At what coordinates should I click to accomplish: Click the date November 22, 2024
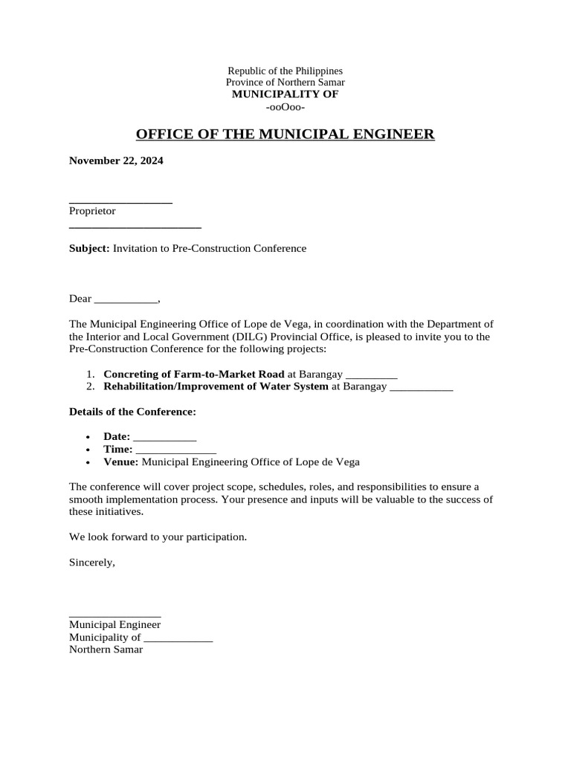[116, 161]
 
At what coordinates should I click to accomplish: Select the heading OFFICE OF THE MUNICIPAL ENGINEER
[285, 135]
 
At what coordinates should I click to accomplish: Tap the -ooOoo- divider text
[285, 107]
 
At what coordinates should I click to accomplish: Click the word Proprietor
[92, 211]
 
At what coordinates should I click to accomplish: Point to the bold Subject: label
[89, 248]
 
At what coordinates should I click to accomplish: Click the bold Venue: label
[120, 462]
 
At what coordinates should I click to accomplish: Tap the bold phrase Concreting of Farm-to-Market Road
[193, 374]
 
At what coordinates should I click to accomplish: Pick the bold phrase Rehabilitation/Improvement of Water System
[216, 386]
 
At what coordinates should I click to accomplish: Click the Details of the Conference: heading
[132, 412]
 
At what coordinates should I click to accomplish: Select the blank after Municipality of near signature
[178, 638]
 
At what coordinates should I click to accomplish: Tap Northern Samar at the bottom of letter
[106, 650]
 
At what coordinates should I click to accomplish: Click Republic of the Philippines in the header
[285, 71]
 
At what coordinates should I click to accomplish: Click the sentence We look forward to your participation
[158, 537]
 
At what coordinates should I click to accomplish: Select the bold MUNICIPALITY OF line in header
[285, 94]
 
